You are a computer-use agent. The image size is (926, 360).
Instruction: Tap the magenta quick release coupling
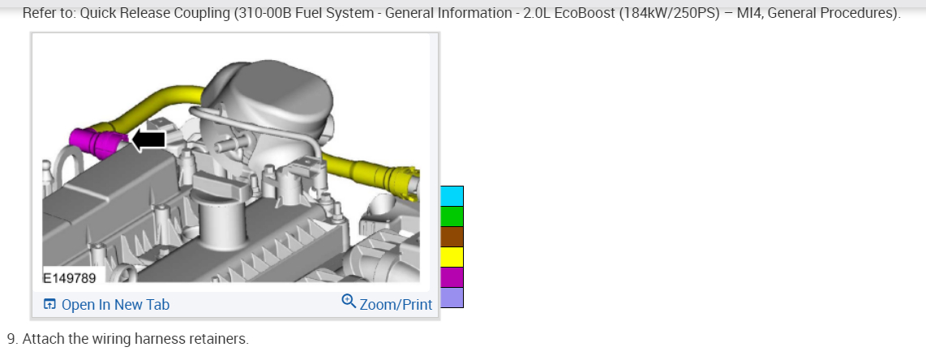[x=98, y=143]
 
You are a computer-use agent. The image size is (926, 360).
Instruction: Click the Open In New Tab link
[x=107, y=305]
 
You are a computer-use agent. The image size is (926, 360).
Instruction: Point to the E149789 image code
[x=70, y=277]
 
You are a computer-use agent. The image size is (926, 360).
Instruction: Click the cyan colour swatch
[x=452, y=196]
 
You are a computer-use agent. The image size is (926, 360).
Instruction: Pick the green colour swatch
[x=452, y=216]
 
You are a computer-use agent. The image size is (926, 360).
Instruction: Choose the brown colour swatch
[x=452, y=237]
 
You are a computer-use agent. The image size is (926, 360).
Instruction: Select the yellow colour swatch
[x=452, y=257]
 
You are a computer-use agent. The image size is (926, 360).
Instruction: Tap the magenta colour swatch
[x=452, y=277]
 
